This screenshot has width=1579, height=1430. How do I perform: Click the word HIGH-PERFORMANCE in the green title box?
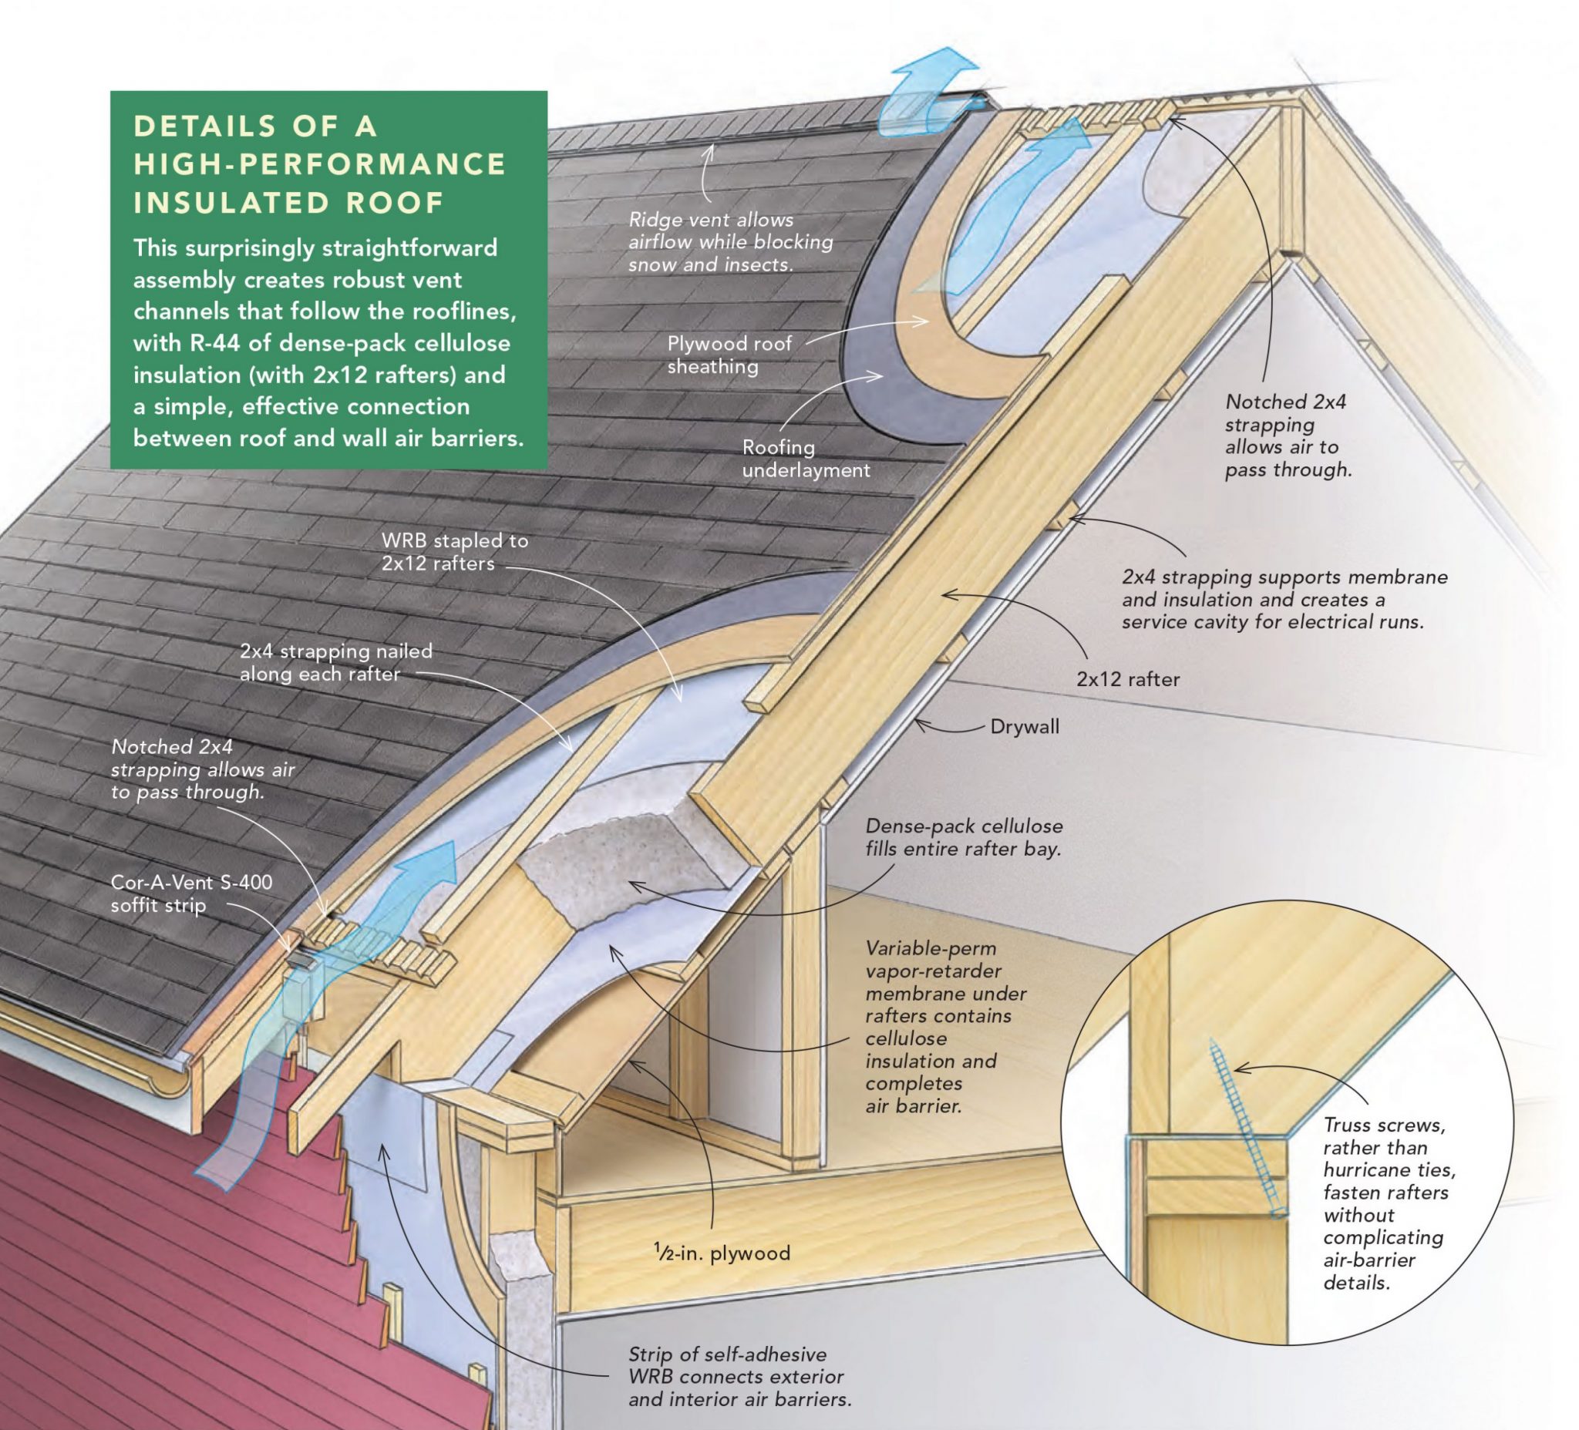pos(319,163)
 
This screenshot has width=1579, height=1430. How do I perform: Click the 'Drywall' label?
pos(1024,726)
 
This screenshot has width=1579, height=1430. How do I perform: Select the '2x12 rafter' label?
pos(1127,679)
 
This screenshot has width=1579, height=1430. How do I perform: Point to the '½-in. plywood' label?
pos(722,1253)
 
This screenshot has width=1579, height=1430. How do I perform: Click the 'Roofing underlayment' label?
pos(805,458)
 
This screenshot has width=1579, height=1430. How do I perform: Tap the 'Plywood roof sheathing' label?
pos(729,355)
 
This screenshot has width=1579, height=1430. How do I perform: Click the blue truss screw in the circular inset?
pos(1244,1128)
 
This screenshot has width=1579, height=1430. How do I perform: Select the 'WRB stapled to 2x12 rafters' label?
pos(454,551)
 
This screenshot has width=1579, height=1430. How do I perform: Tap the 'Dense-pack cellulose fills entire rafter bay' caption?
pos(964,837)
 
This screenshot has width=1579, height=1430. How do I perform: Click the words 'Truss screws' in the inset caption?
pos(1384,1125)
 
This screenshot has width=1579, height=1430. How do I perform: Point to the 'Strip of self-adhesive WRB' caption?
pos(739,1376)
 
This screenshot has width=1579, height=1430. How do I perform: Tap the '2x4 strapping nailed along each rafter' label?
pos(335,661)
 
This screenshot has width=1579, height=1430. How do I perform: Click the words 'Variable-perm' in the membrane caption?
pos(931,947)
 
